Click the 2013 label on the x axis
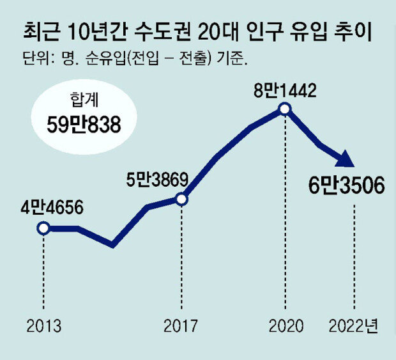tap(43, 326)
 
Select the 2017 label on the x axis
tap(181, 326)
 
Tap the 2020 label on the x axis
tap(285, 326)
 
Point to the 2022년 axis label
tap(353, 326)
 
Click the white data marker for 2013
tap(43, 228)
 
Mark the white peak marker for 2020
tap(285, 110)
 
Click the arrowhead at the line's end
tap(345, 160)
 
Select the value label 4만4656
tap(44, 207)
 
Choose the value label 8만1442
tap(285, 90)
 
